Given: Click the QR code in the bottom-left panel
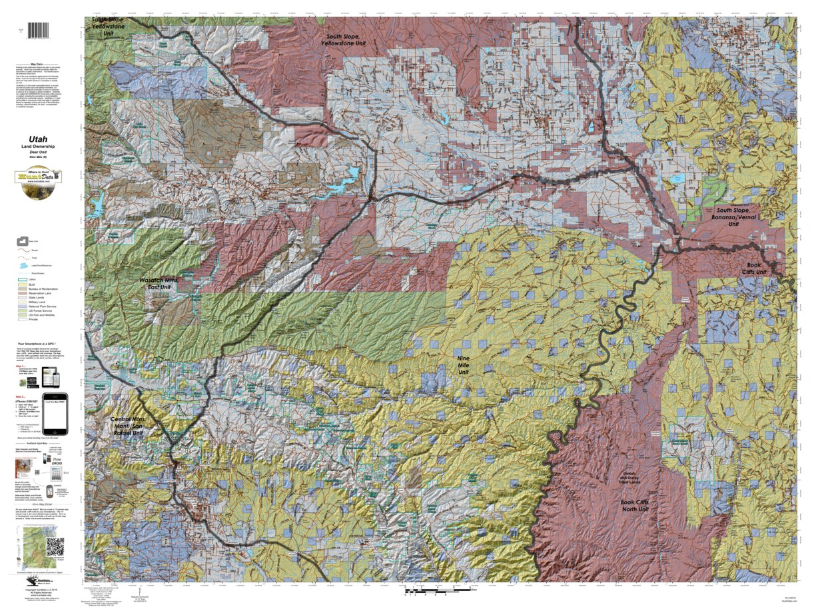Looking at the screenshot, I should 55,545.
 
